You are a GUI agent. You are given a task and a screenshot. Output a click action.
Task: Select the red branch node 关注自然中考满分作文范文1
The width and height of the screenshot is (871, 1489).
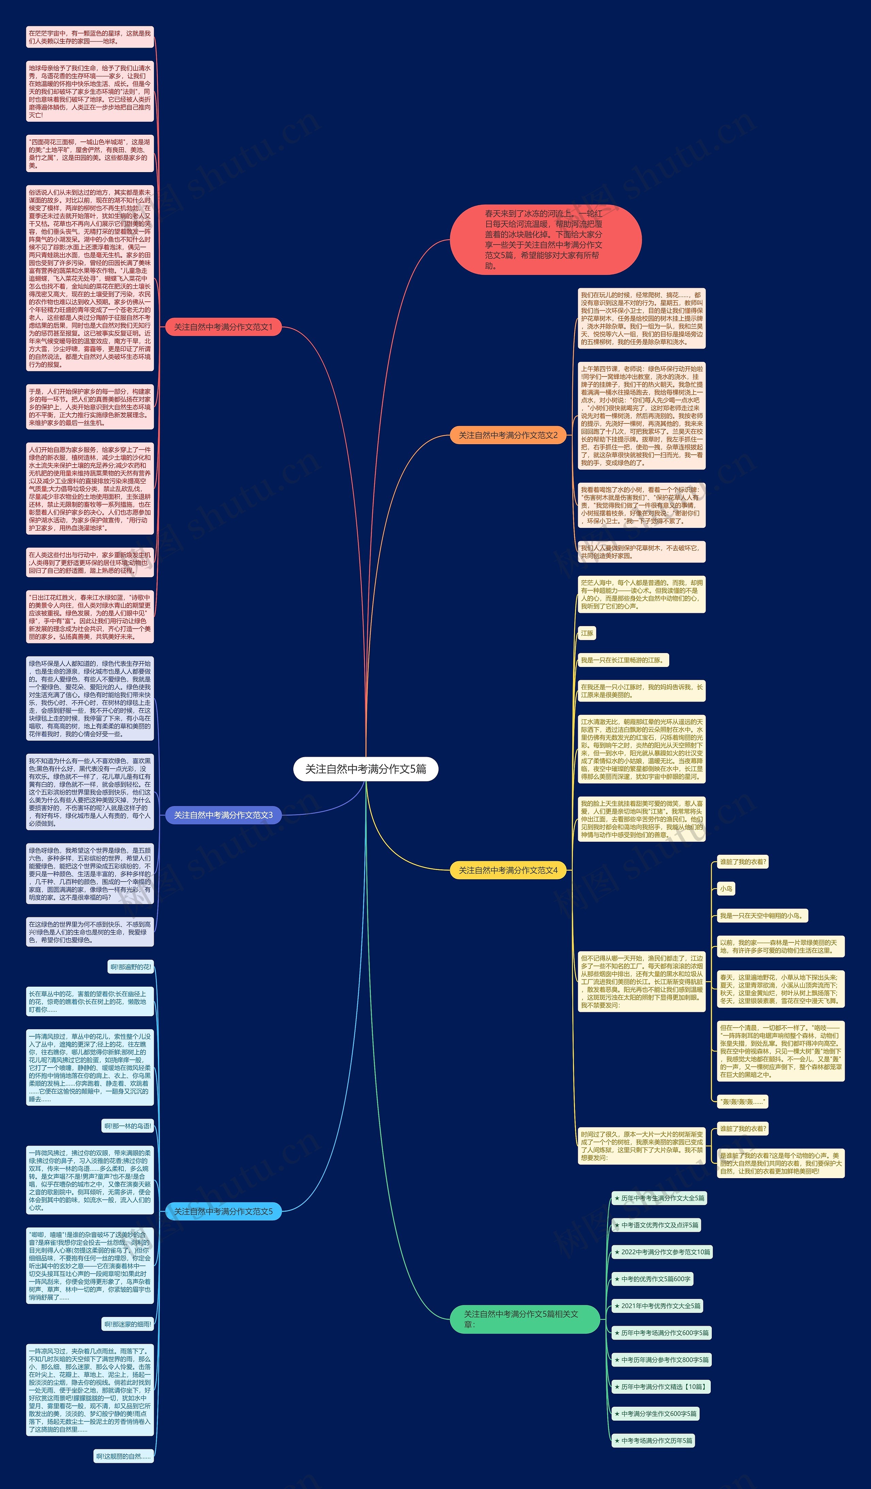click(x=223, y=327)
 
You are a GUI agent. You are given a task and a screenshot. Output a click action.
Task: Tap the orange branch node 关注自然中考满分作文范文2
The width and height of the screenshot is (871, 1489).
click(x=508, y=435)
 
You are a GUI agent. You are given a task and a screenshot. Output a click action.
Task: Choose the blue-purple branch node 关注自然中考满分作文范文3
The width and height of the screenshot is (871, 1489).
click(x=223, y=815)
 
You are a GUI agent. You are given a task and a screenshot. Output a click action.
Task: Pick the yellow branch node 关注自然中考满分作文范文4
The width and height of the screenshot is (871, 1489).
click(x=508, y=870)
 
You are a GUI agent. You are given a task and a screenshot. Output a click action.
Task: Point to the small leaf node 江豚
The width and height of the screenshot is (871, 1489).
click(x=587, y=633)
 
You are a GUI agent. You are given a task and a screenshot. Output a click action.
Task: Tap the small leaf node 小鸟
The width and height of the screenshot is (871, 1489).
click(x=726, y=889)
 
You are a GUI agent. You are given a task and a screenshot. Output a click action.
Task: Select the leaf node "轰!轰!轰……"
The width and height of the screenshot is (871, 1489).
click(x=742, y=1101)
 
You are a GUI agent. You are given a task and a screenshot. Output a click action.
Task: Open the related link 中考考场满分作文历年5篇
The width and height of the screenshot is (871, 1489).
click(x=653, y=1441)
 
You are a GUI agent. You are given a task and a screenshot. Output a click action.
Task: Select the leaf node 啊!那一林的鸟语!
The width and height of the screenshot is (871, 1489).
click(x=128, y=1126)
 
